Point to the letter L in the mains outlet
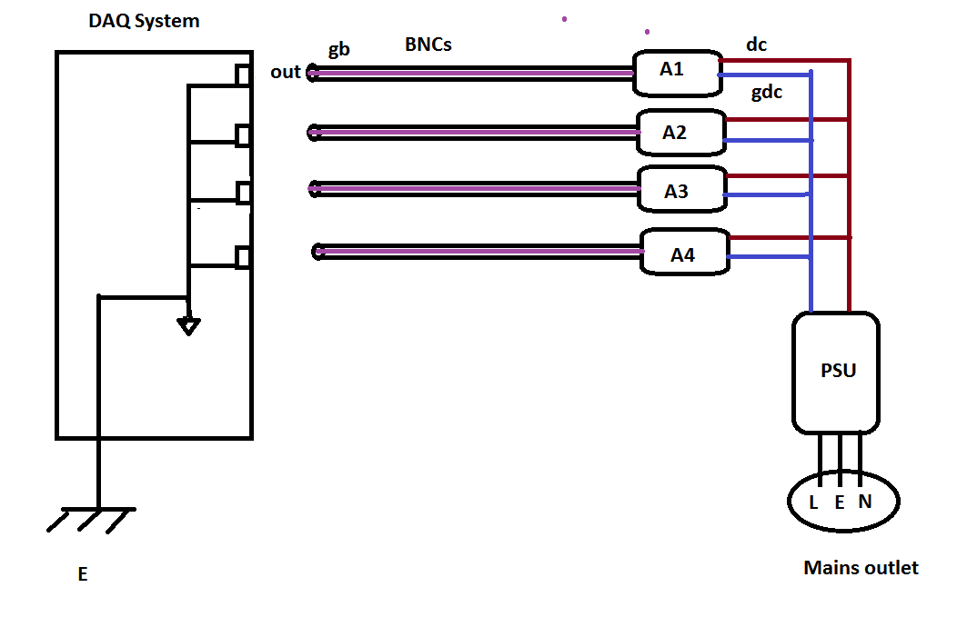813,503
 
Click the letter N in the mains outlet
865,501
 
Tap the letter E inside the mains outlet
840,503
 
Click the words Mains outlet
861,568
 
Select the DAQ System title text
144,21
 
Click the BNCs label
428,45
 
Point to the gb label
339,49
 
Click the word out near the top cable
286,72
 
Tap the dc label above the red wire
756,45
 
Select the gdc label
767,93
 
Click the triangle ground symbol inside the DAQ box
188,327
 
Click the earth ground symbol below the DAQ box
92,520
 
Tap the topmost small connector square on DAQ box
243,75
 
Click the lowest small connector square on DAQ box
243,257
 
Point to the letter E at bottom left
83,574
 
